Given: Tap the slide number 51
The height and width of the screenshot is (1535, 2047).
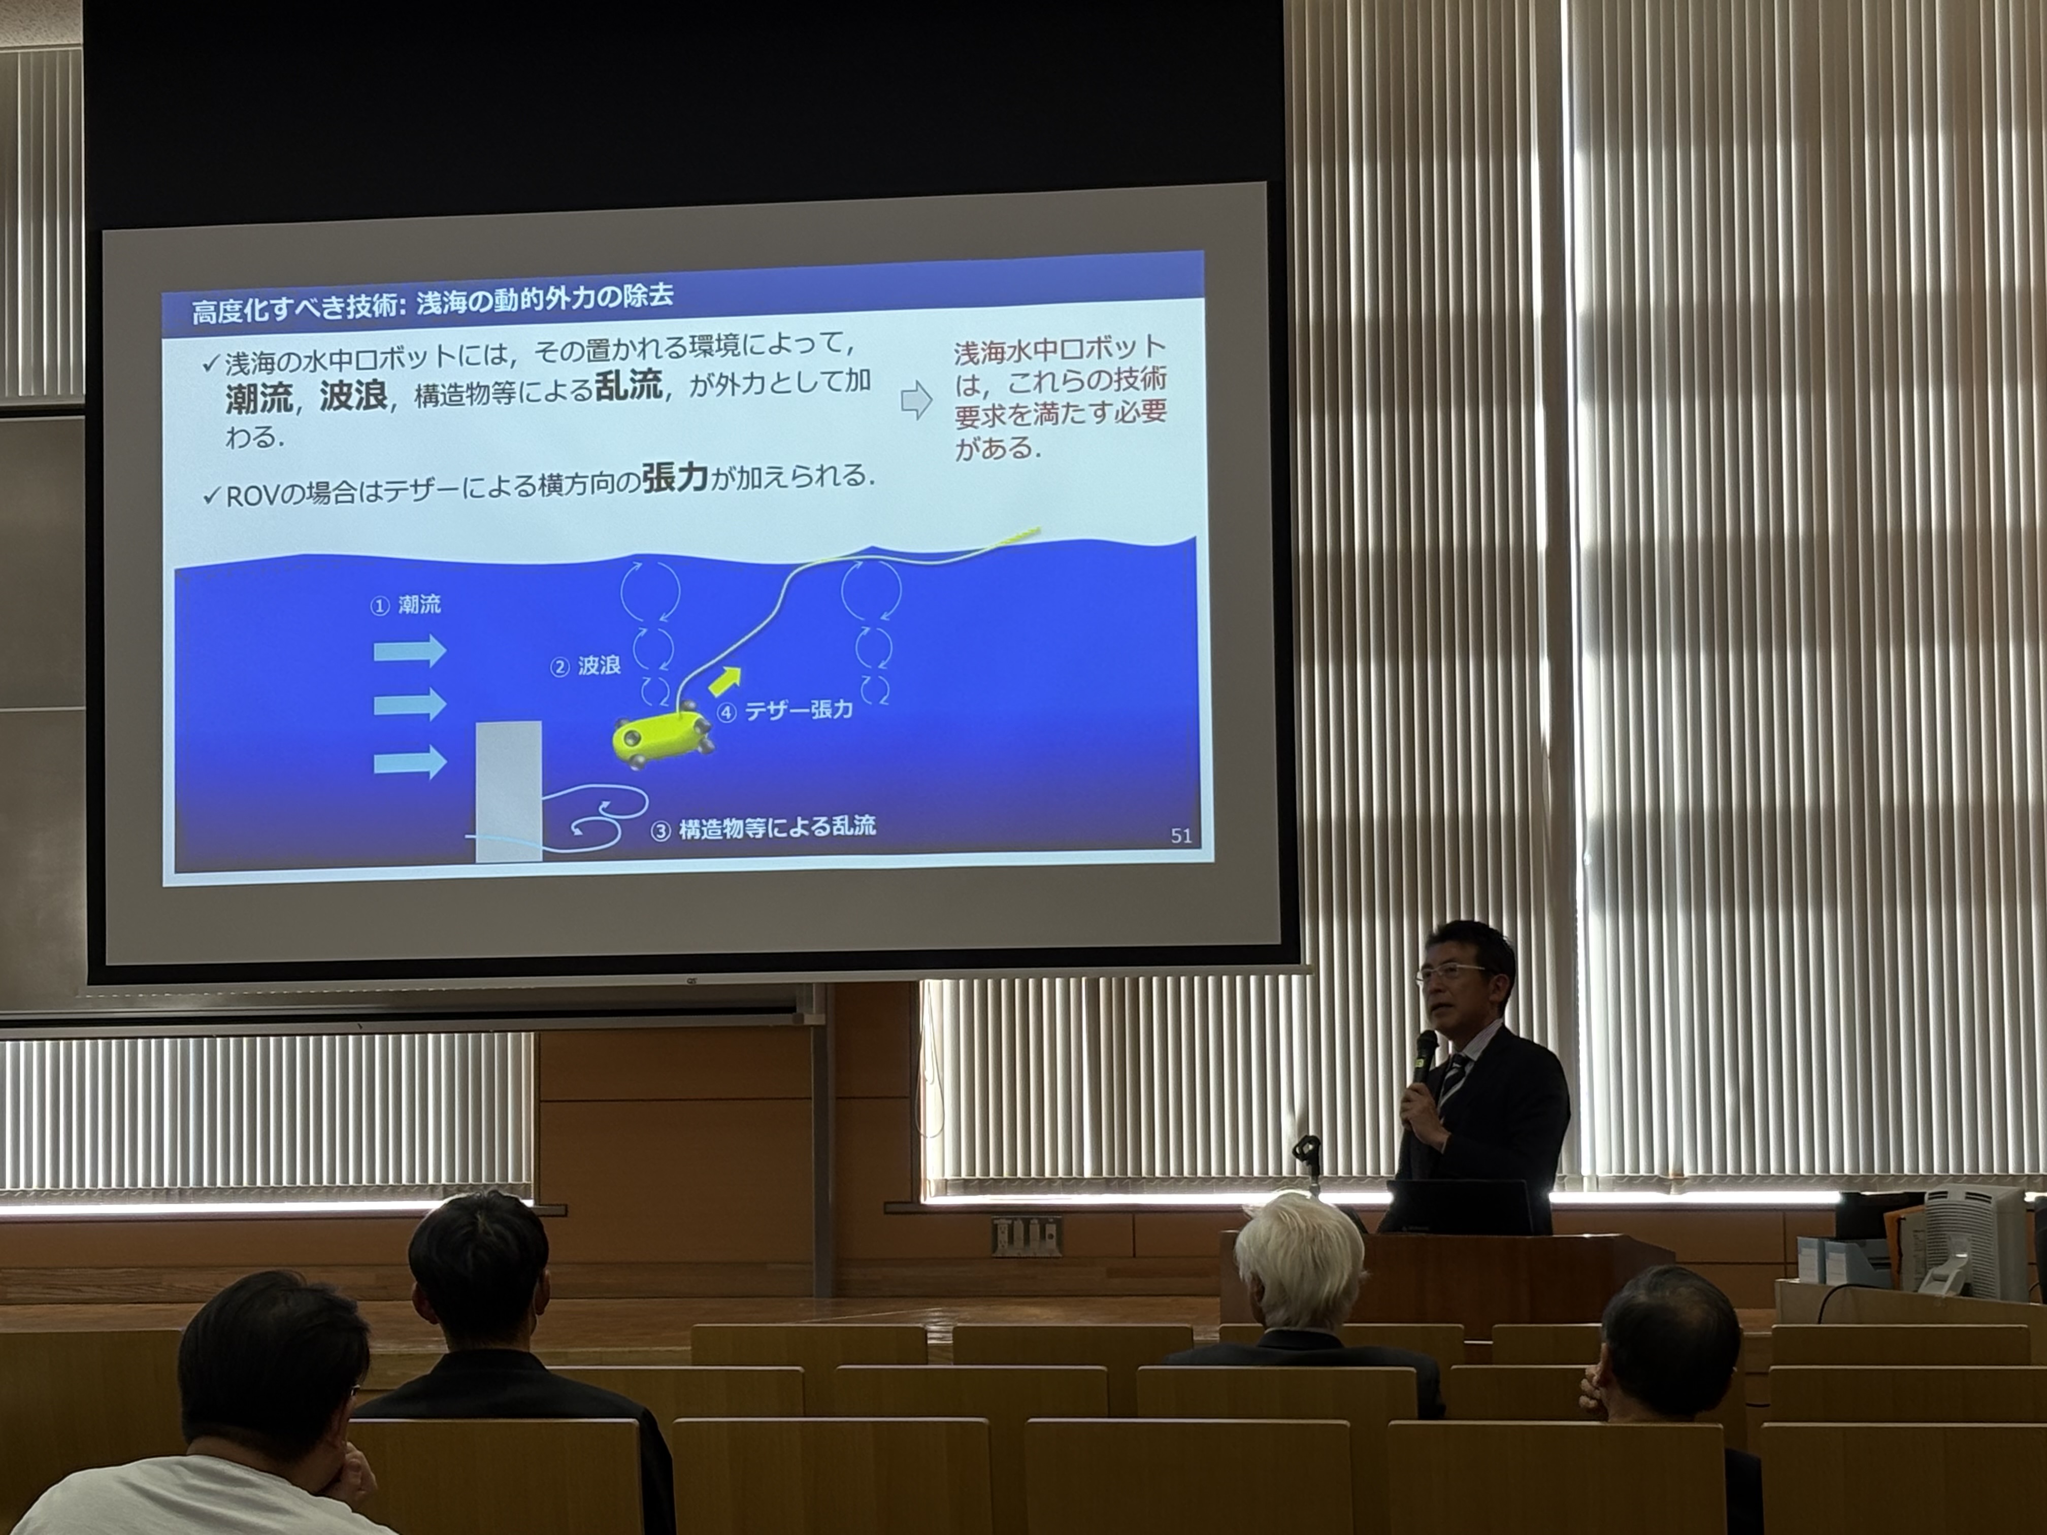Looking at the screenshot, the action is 1181,836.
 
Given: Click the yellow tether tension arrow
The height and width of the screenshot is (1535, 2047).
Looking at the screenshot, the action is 725,682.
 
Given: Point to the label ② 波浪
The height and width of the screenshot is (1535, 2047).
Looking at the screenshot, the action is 586,665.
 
